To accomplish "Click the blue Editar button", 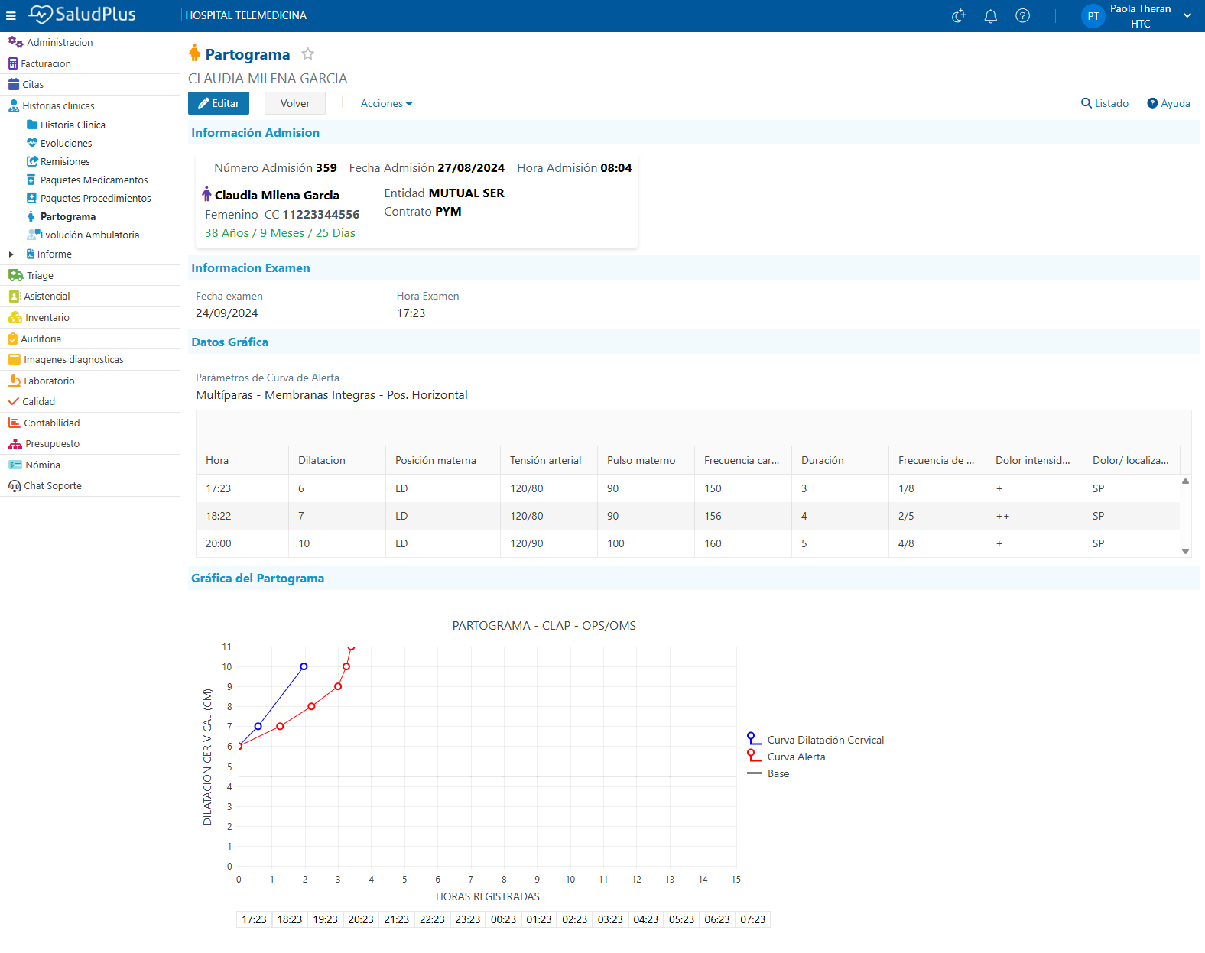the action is click(x=219, y=103).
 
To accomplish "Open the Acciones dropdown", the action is click(x=386, y=103).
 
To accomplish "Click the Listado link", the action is click(x=1104, y=103).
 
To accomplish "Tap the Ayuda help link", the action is click(x=1168, y=103).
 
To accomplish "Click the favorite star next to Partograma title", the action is click(x=307, y=54).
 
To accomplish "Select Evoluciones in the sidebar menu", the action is click(x=66, y=143).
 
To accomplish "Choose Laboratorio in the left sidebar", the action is click(x=49, y=381).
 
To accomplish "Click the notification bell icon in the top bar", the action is click(x=991, y=16).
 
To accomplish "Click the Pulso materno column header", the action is click(x=641, y=461).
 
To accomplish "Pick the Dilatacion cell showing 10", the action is click(x=304, y=543).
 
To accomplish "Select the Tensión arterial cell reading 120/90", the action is click(x=526, y=543).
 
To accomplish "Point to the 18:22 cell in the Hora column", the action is click(x=219, y=516).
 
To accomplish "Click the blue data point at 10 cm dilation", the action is click(x=304, y=666).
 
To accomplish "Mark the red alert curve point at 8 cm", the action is click(x=311, y=706).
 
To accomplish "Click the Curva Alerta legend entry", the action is click(x=796, y=757).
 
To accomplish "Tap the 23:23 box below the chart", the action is click(x=468, y=919).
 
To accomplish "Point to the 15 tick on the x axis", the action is click(x=736, y=879).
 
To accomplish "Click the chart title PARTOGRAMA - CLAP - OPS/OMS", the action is click(x=544, y=626).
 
